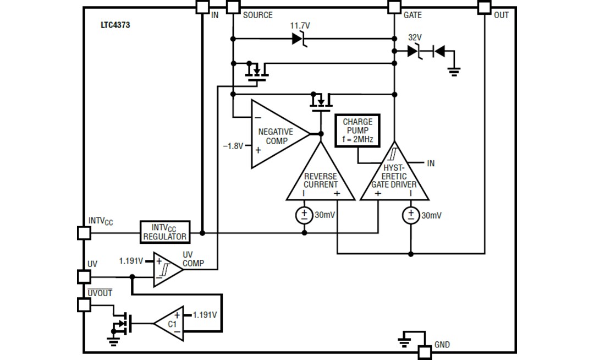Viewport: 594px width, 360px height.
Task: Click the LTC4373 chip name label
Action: click(x=115, y=25)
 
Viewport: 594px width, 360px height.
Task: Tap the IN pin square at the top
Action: click(x=202, y=7)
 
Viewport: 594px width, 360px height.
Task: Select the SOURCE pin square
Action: click(x=233, y=7)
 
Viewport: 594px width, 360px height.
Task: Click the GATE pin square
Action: click(x=394, y=7)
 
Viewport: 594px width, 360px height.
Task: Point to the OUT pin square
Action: click(x=484, y=7)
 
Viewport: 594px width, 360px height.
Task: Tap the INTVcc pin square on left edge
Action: click(x=84, y=233)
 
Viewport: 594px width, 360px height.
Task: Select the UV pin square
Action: click(x=84, y=276)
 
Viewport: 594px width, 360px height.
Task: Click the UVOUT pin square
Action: click(x=84, y=304)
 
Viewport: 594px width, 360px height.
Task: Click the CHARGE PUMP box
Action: click(x=358, y=130)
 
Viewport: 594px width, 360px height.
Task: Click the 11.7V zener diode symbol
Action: click(x=298, y=39)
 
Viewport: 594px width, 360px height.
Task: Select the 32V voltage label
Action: click(x=415, y=37)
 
